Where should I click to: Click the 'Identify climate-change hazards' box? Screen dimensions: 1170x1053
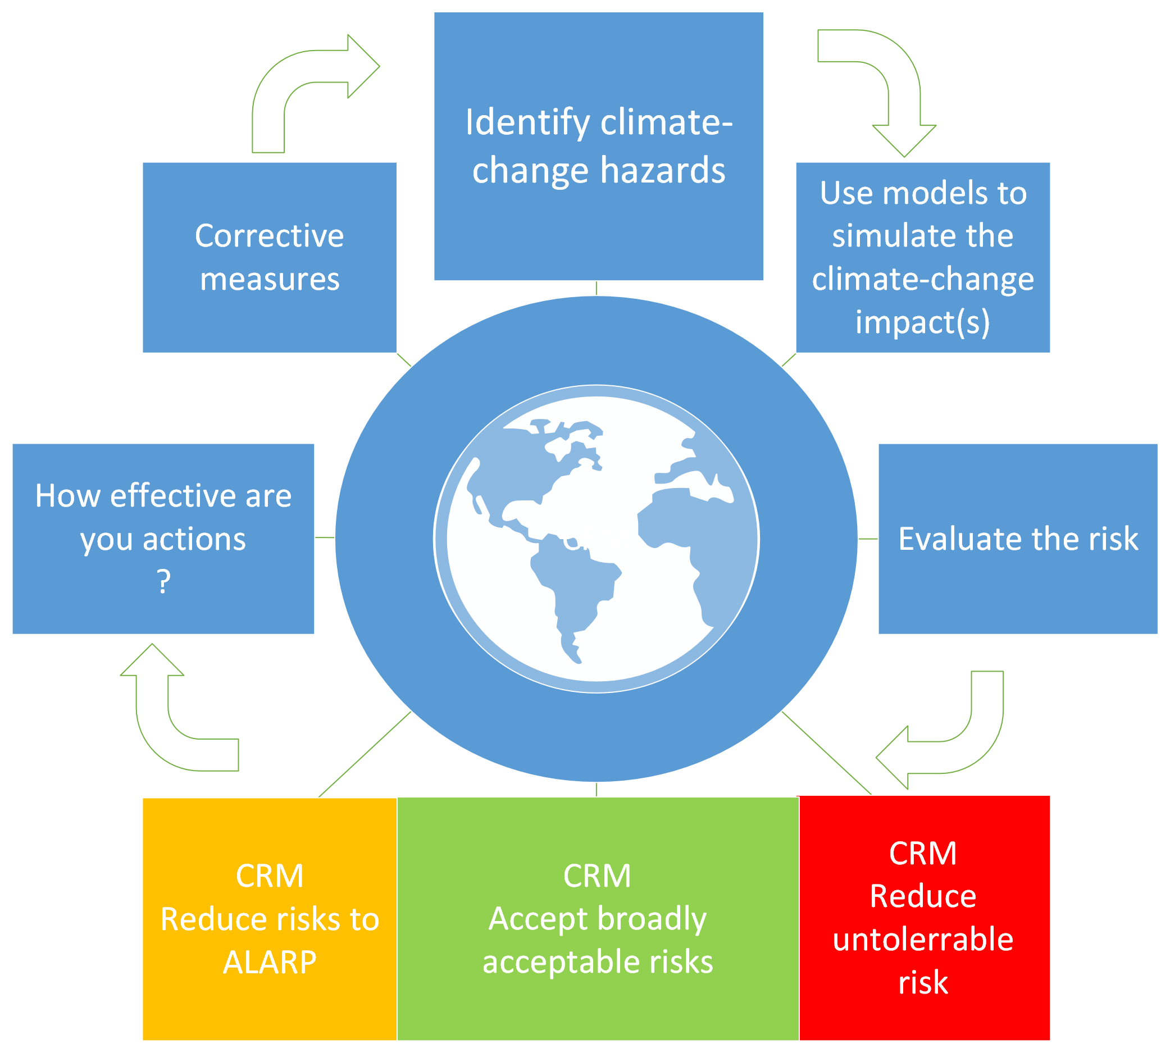click(598, 146)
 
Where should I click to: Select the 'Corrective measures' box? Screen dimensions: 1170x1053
click(270, 257)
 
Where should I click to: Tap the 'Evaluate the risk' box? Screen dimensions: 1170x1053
click(1018, 539)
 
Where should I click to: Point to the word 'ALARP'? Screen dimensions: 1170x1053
click(270, 962)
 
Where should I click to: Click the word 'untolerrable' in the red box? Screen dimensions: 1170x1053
click(923, 938)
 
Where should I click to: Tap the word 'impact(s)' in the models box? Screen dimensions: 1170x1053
click(922, 322)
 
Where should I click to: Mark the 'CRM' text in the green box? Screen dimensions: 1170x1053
click(597, 876)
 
